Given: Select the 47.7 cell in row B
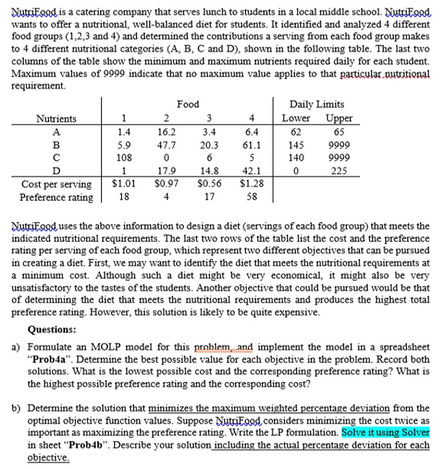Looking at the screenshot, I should pyautogui.click(x=166, y=145).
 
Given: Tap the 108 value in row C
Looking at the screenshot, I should pyautogui.click(x=124, y=158).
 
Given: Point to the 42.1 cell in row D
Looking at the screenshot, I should pyautogui.click(x=251, y=171).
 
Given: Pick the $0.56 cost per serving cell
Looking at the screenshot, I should pyautogui.click(x=208, y=184).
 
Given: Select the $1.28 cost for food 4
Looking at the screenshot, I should pyautogui.click(x=251, y=184).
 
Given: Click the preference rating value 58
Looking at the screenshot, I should pyautogui.click(x=251, y=197).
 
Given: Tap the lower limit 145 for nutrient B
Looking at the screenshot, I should pyautogui.click(x=296, y=145).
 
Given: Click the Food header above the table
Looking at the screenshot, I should pyautogui.click(x=188, y=104).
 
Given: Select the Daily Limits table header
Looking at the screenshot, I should pyautogui.click(x=317, y=104).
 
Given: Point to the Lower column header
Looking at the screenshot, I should pyautogui.click(x=296, y=118).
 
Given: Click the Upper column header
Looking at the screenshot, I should pyautogui.click(x=339, y=118).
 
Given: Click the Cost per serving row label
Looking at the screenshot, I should pyautogui.click(x=56, y=184).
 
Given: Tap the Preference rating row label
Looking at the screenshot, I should pyautogui.click(x=56, y=197).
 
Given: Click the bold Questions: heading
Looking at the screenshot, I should pyautogui.click(x=51, y=330).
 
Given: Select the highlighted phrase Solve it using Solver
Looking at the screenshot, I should pyautogui.click(x=385, y=433).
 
